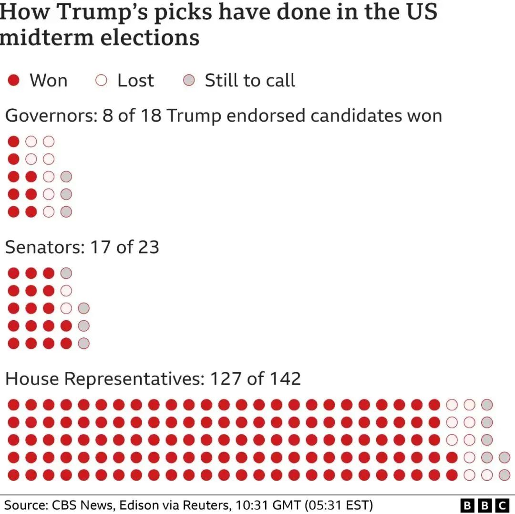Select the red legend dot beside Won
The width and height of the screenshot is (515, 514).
coord(14,80)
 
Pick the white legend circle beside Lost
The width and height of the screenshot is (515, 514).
coord(101,80)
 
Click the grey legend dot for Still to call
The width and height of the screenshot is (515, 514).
coord(189,80)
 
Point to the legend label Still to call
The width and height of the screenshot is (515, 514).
coord(250,80)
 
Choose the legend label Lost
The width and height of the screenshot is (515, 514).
coord(135,80)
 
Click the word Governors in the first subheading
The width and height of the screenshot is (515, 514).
coord(48,115)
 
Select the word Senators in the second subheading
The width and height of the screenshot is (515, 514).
coord(43,247)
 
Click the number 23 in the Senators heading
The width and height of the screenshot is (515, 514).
coord(148,247)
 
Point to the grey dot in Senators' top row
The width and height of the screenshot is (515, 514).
coord(66,273)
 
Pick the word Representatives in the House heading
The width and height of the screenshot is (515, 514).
coord(134,379)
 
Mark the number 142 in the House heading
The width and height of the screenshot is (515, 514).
coord(285,379)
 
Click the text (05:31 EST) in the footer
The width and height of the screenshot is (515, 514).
coord(339,505)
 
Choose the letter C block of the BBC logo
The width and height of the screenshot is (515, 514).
coord(502,505)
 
